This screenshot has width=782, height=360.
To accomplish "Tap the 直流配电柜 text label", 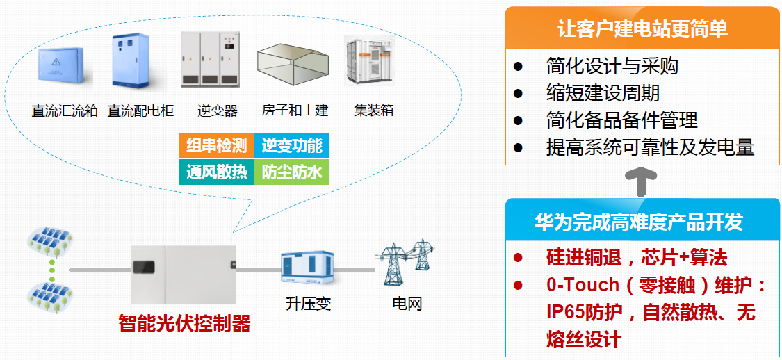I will point(140,111).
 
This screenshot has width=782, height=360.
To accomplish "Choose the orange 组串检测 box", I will point(217,146).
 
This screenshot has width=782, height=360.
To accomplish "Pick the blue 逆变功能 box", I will point(292,146).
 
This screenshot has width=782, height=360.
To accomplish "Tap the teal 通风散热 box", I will point(217,172).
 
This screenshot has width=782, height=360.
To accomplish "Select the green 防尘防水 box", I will point(292,172).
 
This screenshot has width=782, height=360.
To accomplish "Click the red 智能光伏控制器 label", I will point(184,324).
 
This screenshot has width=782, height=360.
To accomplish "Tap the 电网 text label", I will point(407,304).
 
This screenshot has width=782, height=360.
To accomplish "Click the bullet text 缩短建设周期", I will point(603,93).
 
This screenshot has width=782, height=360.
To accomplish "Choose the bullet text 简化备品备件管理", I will point(621,120).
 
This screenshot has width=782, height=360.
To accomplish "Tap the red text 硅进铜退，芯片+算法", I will point(637,258).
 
